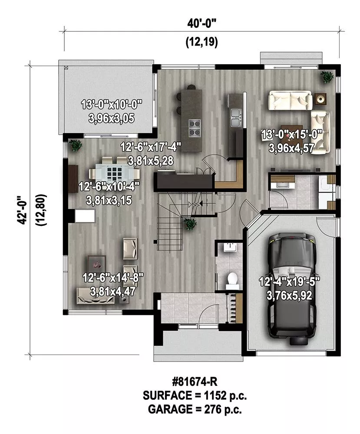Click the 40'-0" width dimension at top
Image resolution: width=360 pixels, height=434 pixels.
201,24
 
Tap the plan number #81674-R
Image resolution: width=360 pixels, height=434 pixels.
195,382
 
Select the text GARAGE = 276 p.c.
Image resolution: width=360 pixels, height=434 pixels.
195,409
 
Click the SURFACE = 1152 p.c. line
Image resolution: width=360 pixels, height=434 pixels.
195,395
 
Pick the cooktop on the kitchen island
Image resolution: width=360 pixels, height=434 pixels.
195,128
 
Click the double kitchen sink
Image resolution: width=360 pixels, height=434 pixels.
236,117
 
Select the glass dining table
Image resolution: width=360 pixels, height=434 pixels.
114,174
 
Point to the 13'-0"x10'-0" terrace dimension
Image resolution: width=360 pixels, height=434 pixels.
111,105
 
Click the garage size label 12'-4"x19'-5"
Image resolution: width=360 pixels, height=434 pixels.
289,282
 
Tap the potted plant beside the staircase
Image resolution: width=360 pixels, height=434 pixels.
190,223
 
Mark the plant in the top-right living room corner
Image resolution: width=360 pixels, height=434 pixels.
327,76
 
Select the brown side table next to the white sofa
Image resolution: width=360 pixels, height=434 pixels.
320,99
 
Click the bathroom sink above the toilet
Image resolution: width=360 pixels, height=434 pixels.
230,247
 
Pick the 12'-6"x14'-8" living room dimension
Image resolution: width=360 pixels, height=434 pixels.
113,278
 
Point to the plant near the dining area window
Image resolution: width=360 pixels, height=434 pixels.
75,145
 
